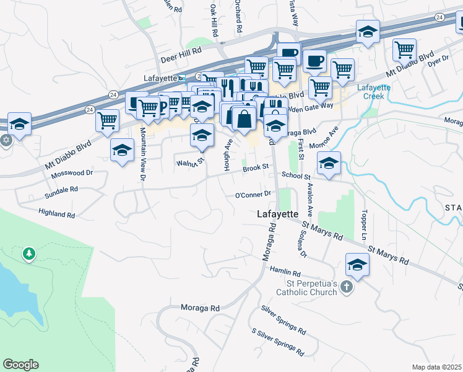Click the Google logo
click(20, 365)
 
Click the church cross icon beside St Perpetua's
click(347, 288)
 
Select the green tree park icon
click(28, 254)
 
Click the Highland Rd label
click(56, 215)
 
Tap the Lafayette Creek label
click(374, 92)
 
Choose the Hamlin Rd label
click(285, 272)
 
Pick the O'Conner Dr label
click(253, 194)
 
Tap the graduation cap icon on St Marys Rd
click(357, 265)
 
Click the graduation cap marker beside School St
click(329, 164)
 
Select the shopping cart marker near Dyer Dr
click(404, 49)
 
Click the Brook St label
click(255, 168)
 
